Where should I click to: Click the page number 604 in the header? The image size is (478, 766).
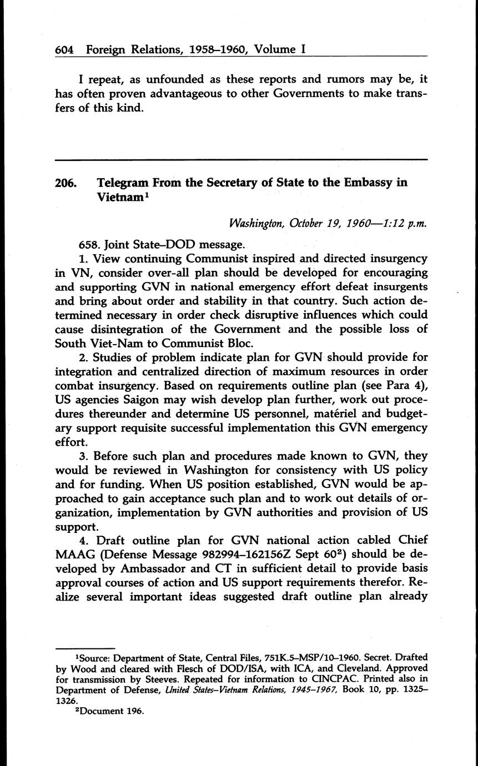(64, 49)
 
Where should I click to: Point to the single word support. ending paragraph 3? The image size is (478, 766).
(77, 527)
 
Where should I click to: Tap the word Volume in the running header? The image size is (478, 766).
(275, 49)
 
